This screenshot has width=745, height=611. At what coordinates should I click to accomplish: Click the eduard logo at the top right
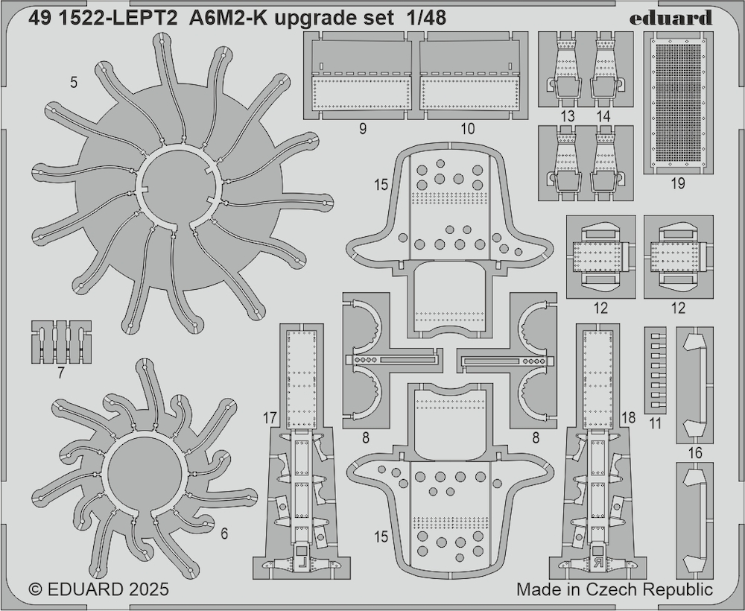671,18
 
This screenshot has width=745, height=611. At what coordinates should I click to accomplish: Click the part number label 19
678,183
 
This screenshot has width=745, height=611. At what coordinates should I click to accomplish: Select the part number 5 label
73,83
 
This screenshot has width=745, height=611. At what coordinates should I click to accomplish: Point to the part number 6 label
224,534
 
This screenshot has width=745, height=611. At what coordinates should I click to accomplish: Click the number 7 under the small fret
60,373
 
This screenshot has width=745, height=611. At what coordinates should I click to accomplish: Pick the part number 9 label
363,129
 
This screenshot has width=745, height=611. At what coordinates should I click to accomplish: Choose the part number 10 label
468,129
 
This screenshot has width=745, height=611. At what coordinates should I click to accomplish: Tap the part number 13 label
567,116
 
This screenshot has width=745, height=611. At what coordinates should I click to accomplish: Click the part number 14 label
603,116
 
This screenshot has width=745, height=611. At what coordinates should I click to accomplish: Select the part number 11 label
655,422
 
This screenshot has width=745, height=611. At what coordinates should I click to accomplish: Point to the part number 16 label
695,453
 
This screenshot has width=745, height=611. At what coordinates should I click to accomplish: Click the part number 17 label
270,418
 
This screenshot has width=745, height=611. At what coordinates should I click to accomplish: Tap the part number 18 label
628,417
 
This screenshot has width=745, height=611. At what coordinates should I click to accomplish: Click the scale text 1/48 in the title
426,18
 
